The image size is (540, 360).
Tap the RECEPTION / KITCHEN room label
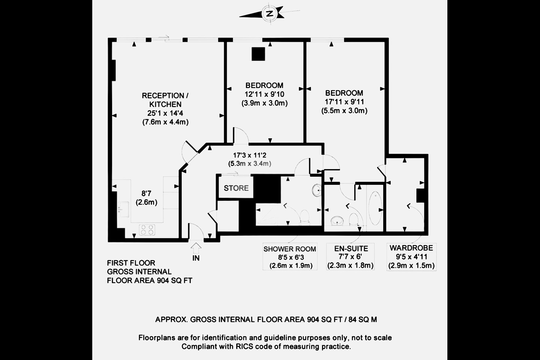[165, 100]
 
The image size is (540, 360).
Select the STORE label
[236, 188]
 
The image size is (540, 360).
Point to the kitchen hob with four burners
[147, 229]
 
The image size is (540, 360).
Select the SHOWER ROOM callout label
[289, 249]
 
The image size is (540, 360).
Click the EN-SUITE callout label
[351, 248]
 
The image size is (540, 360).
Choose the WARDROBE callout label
[411, 248]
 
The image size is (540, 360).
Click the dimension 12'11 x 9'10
[264, 94]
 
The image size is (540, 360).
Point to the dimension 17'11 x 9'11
[344, 102]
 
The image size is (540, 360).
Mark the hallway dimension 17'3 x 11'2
[249, 155]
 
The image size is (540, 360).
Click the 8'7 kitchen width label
[146, 193]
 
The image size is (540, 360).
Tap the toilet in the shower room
[304, 216]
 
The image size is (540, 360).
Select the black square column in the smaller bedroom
[258, 54]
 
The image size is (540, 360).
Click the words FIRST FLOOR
[131, 263]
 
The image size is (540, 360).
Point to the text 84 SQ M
[363, 319]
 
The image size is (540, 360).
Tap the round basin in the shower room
[316, 190]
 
